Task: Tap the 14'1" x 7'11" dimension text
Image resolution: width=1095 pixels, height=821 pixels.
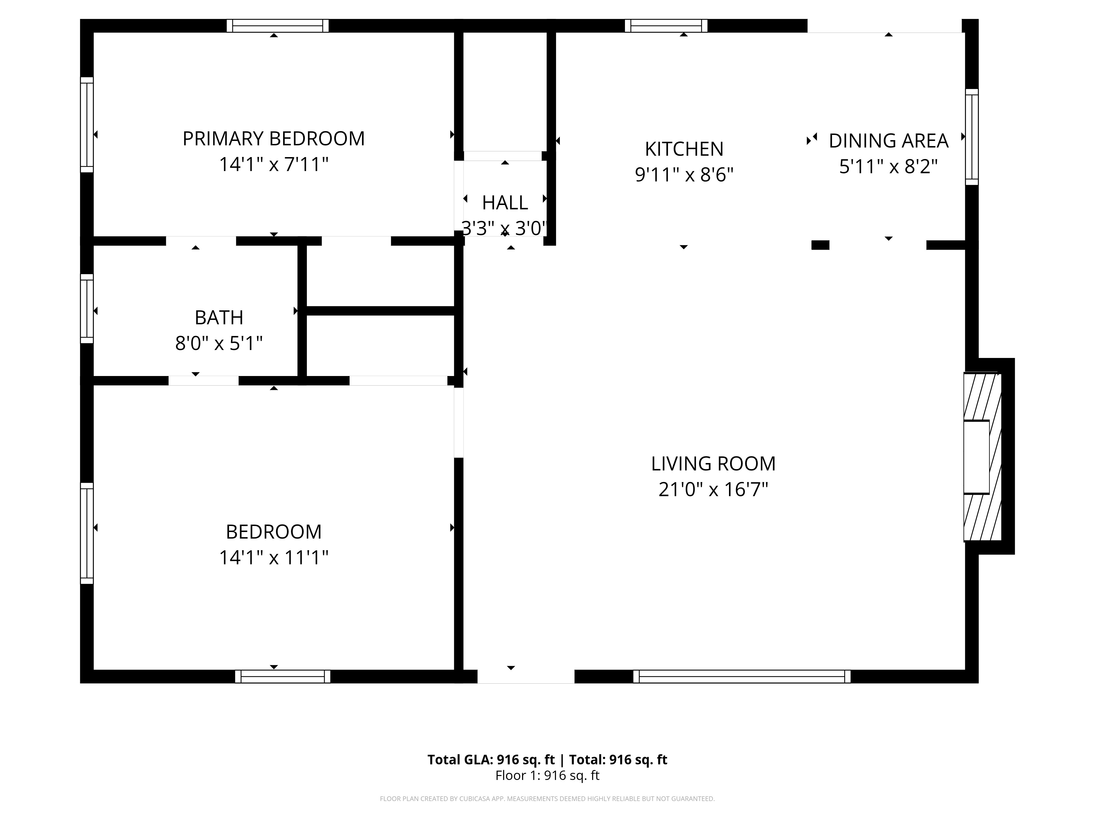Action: click(x=274, y=164)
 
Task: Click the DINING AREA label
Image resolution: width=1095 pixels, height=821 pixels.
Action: click(x=889, y=141)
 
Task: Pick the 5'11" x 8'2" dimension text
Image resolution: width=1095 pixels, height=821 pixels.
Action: click(x=889, y=167)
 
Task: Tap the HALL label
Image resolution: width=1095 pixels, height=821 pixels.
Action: click(x=505, y=203)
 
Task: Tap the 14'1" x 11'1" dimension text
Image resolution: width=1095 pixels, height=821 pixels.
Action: click(x=274, y=558)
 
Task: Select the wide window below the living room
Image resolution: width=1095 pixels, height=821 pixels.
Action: click(x=742, y=677)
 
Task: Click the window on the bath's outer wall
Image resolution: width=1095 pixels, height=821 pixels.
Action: click(x=87, y=309)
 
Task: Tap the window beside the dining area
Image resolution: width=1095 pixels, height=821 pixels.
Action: click(x=972, y=137)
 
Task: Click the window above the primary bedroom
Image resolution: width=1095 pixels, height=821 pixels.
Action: click(x=278, y=26)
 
